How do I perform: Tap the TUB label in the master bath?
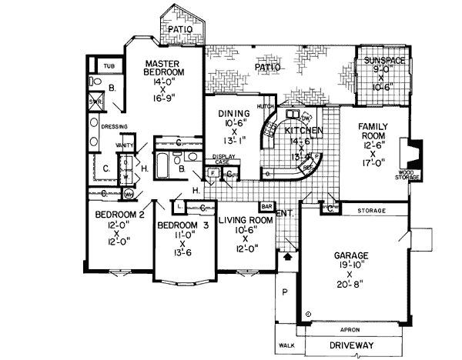109,66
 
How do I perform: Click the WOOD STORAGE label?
408,175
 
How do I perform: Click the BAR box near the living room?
267,206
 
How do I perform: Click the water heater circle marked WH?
129,194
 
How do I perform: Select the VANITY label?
125,145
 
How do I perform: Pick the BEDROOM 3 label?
183,225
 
